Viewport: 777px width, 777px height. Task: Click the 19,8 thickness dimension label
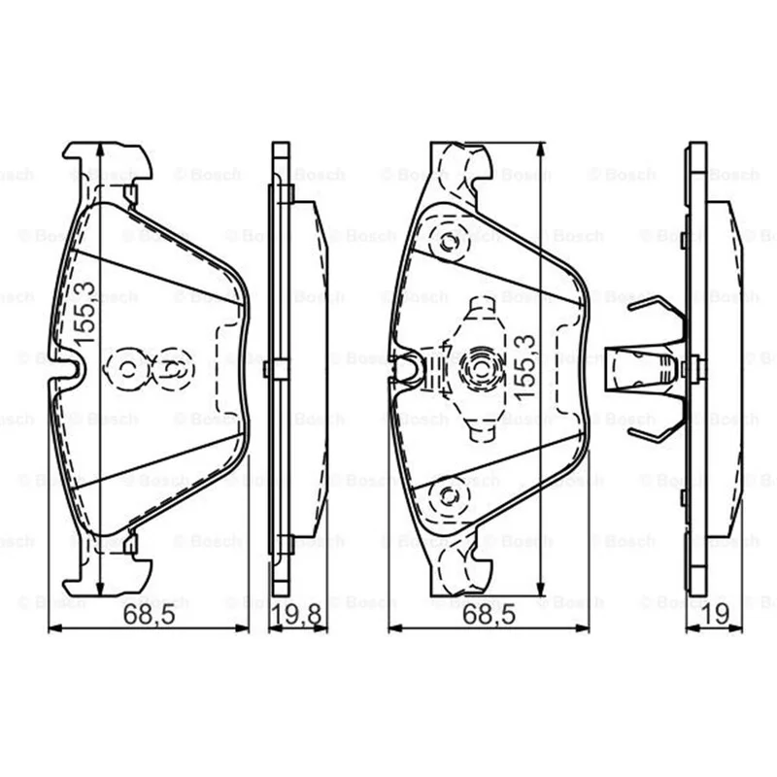coord(298,615)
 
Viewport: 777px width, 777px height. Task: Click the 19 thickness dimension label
coord(715,615)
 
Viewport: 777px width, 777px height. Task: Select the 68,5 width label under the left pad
coord(150,615)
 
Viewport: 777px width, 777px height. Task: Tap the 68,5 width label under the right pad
coord(490,615)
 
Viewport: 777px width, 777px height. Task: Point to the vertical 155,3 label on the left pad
coord(84,313)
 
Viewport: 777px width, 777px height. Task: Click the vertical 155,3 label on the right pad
coord(524,367)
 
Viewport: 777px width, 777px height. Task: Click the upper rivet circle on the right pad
coord(450,243)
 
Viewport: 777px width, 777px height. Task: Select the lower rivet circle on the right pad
coord(450,496)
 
